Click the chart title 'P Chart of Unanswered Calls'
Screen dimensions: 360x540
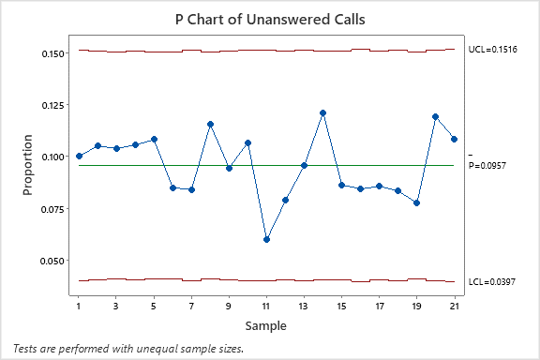pos(269,18)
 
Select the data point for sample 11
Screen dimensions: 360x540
pos(266,239)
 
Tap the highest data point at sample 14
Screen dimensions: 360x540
pos(322,112)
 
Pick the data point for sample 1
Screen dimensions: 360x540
pos(79,156)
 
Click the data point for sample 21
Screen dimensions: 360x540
pos(454,139)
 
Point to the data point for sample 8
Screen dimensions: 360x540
pos(210,124)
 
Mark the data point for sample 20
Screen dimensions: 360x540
pos(435,116)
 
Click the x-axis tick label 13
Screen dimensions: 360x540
pos(304,306)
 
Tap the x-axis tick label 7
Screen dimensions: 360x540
pos(191,306)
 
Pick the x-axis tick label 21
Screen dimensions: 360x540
pos(454,306)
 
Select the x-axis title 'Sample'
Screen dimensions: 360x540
pos(266,326)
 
